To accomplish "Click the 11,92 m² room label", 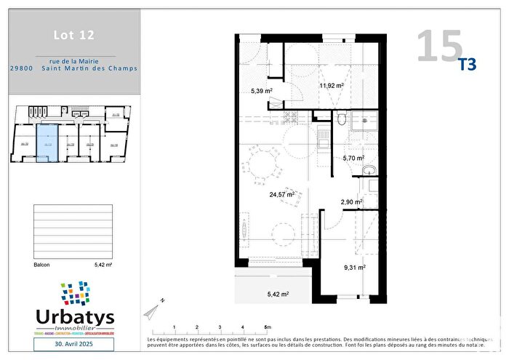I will [331, 85].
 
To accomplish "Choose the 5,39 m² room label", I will [257, 91].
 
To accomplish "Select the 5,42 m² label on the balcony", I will [277, 294].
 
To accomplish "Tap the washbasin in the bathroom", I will [369, 170].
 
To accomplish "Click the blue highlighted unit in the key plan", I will [47, 142].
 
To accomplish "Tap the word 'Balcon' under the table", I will [41, 265].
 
